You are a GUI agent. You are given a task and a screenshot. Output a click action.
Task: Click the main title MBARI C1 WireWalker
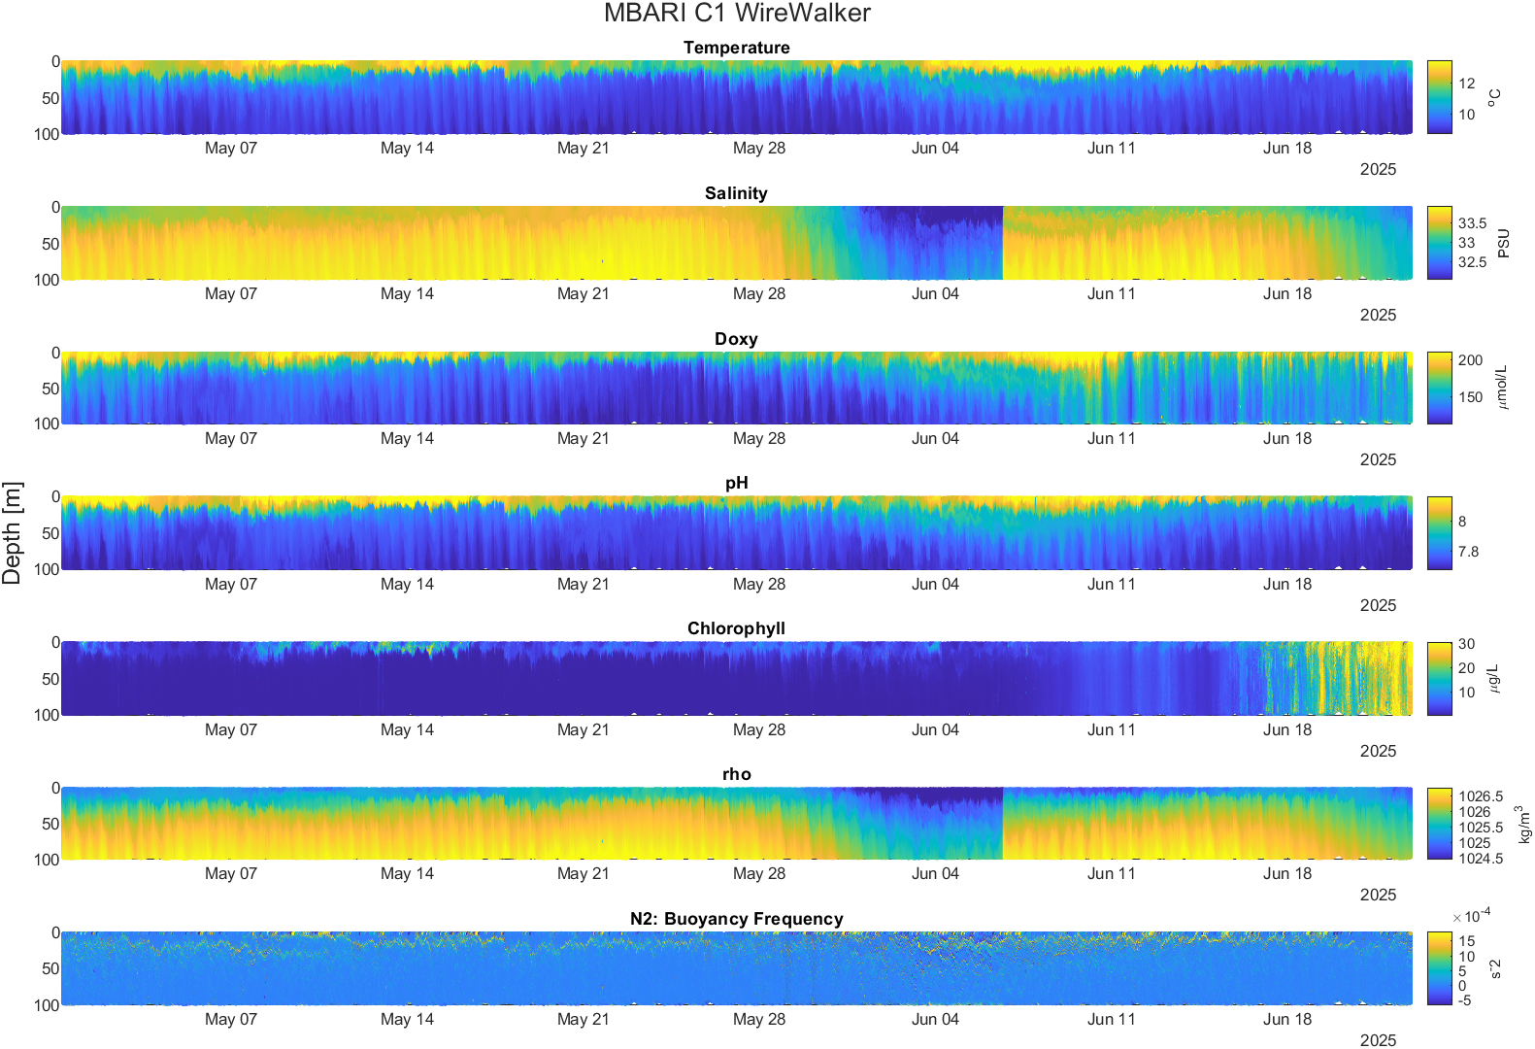point(737,13)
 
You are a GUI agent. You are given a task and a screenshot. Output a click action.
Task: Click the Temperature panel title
point(737,48)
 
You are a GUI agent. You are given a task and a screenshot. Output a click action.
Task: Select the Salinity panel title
point(736,193)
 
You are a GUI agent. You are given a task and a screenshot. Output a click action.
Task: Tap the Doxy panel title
point(736,339)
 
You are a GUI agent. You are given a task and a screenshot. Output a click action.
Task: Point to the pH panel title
point(737,484)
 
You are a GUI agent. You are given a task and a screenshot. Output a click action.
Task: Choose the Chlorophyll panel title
point(736,628)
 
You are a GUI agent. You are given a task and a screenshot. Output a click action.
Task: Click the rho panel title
point(737,774)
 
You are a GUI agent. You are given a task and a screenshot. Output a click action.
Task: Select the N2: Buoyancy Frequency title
point(737,919)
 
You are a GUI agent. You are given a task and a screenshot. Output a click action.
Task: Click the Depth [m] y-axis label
point(13,532)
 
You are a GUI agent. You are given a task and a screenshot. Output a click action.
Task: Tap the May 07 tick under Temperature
point(231,148)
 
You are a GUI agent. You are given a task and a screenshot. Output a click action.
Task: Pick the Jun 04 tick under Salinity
point(935,293)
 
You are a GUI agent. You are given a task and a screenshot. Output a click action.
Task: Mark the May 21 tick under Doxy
point(584,438)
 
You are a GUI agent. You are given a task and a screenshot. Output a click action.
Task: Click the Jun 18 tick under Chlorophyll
point(1287,729)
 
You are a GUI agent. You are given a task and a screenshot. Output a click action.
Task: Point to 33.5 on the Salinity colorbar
point(1473,223)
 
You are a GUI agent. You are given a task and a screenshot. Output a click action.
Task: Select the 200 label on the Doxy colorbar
point(1471,360)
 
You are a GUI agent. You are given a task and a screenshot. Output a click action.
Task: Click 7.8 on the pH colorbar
point(1469,552)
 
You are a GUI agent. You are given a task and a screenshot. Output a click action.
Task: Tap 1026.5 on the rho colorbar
point(1481,796)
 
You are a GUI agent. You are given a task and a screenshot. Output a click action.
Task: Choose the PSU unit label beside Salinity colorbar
point(1504,244)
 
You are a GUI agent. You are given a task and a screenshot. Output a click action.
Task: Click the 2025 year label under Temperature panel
point(1378,169)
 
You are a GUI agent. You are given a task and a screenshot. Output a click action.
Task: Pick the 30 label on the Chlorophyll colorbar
point(1466,644)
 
